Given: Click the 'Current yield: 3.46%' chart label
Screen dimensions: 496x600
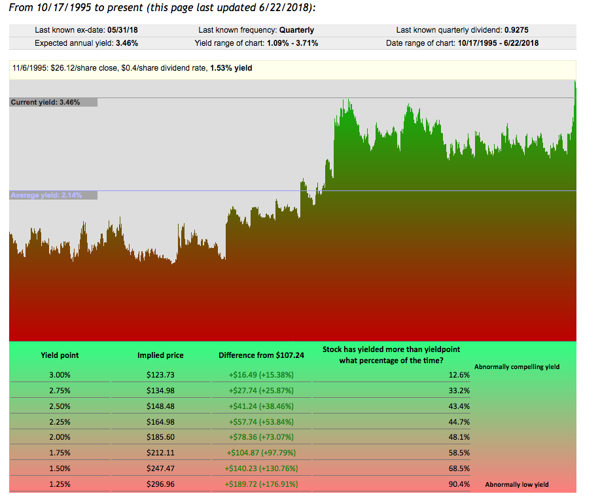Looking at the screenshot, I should coord(46,102).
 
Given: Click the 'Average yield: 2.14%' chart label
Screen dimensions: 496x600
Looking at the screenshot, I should coord(46,195).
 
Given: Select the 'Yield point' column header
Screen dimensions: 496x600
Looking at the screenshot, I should coord(60,355).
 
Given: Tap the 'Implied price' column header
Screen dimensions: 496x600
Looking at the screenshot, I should coord(160,355).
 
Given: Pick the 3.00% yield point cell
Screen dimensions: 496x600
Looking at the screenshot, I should coord(60,375).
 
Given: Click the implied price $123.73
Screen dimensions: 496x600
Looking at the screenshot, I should coord(160,375).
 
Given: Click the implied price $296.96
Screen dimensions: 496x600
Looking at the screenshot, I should coord(160,485).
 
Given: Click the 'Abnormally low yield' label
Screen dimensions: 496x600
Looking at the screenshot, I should coord(516,485).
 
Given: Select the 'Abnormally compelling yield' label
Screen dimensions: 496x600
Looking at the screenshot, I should coord(516,367).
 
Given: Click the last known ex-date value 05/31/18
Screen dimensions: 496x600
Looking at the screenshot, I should coord(126,30).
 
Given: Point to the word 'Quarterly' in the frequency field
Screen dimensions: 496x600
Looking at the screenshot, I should coord(296,30).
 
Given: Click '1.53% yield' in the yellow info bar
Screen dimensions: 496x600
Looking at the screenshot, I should coord(231,68).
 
